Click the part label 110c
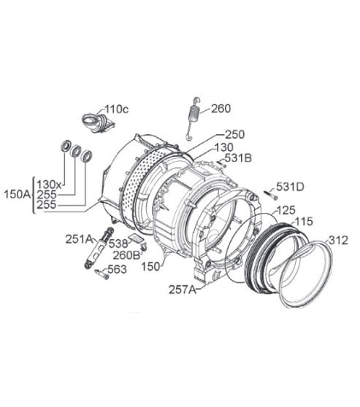(117, 109)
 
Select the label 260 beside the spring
(221, 109)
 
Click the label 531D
(290, 187)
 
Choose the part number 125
(286, 209)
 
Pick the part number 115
(303, 221)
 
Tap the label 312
(338, 239)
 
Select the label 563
(116, 269)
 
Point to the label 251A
(79, 239)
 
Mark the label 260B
(127, 255)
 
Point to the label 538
(118, 244)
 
